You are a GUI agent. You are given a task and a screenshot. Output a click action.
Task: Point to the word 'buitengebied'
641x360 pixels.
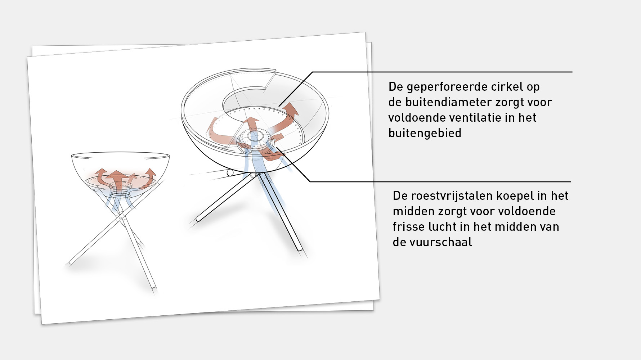pyautogui.click(x=425, y=133)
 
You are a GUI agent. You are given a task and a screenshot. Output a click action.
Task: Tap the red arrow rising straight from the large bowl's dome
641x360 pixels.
pyautogui.click(x=253, y=124)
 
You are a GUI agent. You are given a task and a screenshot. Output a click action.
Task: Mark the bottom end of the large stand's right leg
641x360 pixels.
pyautogui.click(x=299, y=248)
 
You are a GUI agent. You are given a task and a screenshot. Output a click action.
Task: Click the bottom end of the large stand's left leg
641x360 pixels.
pyautogui.click(x=198, y=219)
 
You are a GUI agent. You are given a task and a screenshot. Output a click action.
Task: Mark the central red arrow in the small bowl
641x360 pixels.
pyautogui.click(x=116, y=177)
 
